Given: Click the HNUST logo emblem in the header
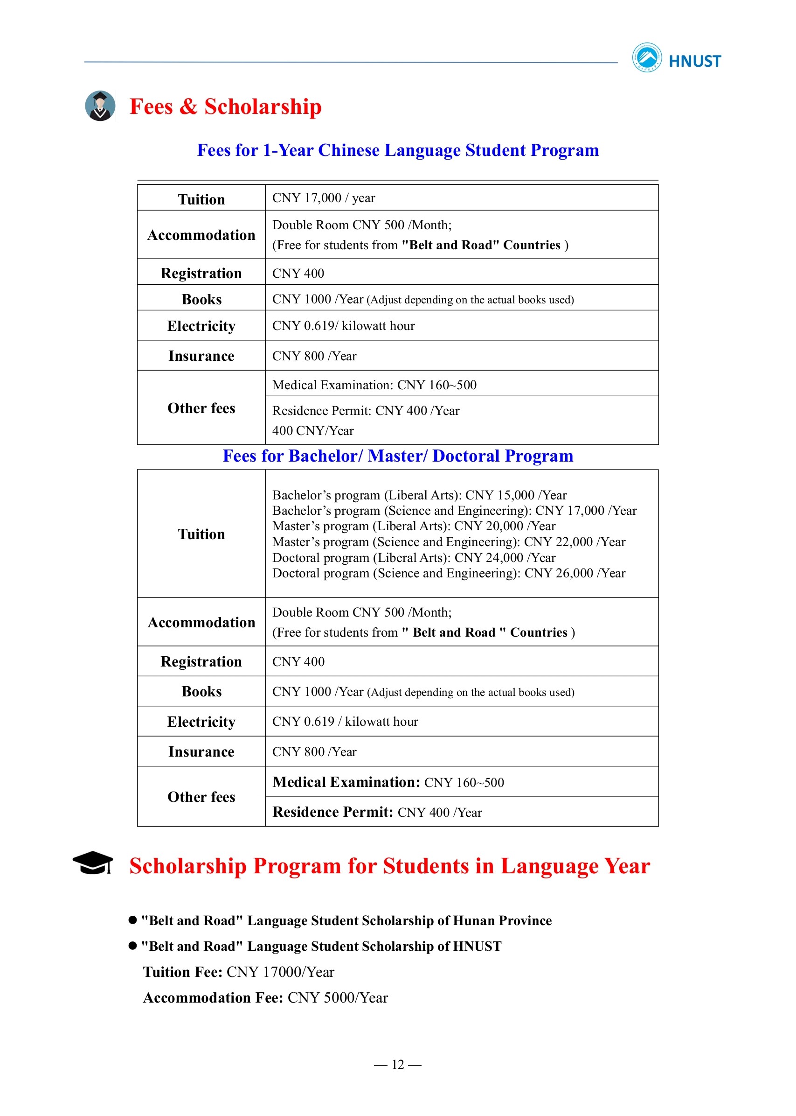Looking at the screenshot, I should (x=646, y=58).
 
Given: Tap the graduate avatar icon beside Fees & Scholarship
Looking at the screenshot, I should (x=100, y=106).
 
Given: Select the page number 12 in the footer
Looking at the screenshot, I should (x=397, y=1065).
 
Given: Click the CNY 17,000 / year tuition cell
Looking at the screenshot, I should (x=324, y=198).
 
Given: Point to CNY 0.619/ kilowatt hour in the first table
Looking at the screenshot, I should (x=343, y=326).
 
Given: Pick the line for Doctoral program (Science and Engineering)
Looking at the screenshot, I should (x=449, y=574).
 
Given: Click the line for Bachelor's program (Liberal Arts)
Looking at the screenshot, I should (x=419, y=495).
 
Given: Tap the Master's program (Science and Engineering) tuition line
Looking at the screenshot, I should (x=449, y=542).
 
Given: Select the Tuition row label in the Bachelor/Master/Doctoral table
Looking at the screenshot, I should (x=201, y=534).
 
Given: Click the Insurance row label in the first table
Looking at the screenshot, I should (x=201, y=356).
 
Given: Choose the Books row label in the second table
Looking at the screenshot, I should (x=201, y=692).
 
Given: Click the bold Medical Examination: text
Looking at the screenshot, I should (x=346, y=782).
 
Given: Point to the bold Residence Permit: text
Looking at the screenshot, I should (x=333, y=812).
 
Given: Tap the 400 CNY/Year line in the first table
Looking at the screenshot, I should (x=313, y=431).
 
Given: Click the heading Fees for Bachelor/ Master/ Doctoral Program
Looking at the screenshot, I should (x=397, y=456).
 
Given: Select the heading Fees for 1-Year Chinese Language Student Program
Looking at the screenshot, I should (x=397, y=150).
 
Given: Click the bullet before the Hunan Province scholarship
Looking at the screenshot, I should (x=132, y=920).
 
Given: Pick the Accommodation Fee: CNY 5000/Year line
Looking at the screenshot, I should (x=265, y=998).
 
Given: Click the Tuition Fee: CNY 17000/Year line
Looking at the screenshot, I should (x=239, y=972).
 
